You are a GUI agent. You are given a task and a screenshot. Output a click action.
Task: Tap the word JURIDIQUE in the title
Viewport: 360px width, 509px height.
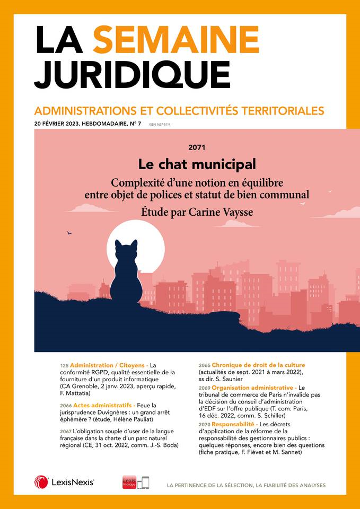pos(133,75)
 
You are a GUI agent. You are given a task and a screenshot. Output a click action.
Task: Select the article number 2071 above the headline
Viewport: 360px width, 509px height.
pos(196,147)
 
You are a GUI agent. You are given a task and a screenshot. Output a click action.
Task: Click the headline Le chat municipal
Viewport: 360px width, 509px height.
pos(197,164)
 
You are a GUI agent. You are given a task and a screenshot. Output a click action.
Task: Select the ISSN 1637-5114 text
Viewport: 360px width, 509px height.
pos(160,125)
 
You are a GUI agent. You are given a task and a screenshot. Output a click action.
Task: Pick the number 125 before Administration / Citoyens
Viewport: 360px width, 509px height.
pos(64,365)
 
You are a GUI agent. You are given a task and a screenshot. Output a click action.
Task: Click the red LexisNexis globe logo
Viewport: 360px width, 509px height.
pos(41,482)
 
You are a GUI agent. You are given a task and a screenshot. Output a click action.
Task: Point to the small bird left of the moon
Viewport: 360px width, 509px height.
pos(69,232)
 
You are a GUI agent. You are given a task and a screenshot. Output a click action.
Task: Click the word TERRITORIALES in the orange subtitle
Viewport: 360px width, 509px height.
pos(279,111)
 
